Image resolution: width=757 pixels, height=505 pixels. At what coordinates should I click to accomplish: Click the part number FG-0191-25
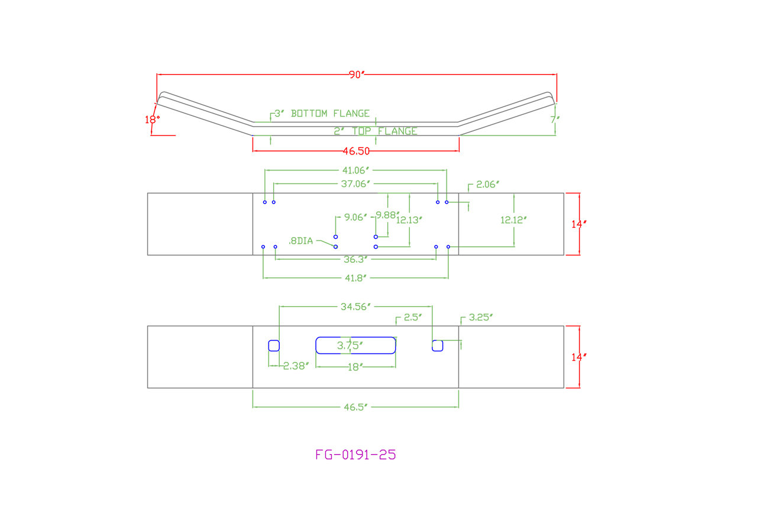[355, 455]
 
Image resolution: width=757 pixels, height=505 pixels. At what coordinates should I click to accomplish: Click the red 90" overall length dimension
[357, 75]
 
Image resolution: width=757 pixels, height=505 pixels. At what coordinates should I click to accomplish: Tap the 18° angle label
[152, 120]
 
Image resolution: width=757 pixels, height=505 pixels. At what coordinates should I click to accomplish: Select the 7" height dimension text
[554, 119]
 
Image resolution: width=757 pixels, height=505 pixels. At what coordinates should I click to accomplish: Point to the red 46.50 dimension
[356, 151]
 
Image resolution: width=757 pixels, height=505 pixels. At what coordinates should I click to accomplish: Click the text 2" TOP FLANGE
[376, 131]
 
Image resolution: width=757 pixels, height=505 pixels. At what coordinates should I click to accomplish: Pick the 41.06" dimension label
[356, 171]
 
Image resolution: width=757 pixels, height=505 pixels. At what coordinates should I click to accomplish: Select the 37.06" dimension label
[356, 184]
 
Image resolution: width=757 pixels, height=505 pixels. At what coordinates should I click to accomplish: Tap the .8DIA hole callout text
[300, 241]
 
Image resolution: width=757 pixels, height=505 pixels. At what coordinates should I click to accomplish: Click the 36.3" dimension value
[355, 259]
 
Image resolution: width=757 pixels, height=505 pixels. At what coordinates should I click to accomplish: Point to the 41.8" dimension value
[355, 277]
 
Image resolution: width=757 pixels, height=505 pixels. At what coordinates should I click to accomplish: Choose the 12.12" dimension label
[513, 220]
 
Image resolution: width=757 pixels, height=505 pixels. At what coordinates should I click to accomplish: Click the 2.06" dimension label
[487, 184]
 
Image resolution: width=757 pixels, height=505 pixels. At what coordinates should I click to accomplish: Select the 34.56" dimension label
[355, 307]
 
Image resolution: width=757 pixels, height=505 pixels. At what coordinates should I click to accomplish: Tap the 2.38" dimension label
[296, 366]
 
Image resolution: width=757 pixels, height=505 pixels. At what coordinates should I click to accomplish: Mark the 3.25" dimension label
[480, 317]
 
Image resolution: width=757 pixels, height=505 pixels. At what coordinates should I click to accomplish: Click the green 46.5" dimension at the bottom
[355, 407]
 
